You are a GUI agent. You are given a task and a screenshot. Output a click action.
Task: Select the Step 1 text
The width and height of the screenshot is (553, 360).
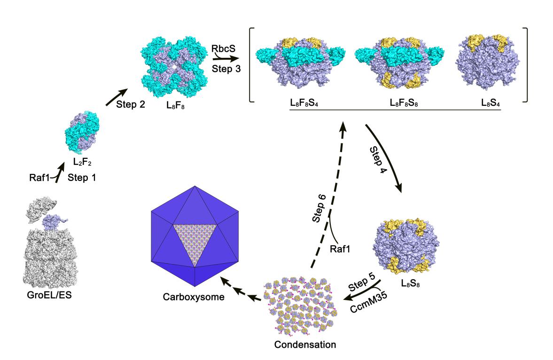pyautogui.click(x=84, y=178)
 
